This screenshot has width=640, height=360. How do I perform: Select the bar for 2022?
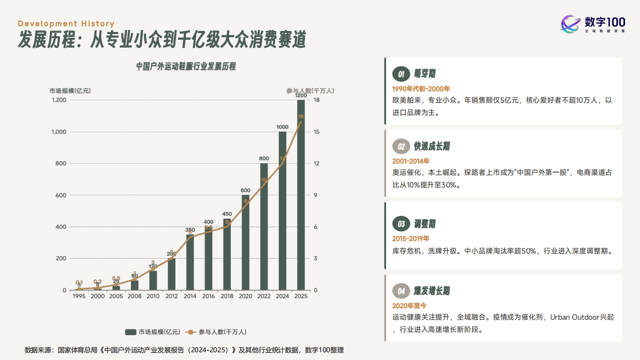[x=264, y=227]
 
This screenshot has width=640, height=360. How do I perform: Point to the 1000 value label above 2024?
[x=282, y=127]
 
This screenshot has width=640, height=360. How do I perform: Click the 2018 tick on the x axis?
[x=227, y=296]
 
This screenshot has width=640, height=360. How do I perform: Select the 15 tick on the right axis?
[x=316, y=132]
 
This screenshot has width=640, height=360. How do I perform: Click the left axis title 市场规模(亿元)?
[x=70, y=90]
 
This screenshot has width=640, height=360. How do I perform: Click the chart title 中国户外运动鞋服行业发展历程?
[x=186, y=67]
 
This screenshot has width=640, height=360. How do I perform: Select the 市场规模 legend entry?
[x=153, y=332]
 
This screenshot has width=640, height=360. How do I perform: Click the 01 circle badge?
[x=401, y=74]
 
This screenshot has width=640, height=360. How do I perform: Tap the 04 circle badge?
[x=401, y=291]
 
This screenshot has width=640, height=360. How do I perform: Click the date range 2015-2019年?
[x=411, y=239]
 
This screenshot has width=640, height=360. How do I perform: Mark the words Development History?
[x=66, y=24]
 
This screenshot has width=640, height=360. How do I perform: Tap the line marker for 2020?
[x=246, y=206]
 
